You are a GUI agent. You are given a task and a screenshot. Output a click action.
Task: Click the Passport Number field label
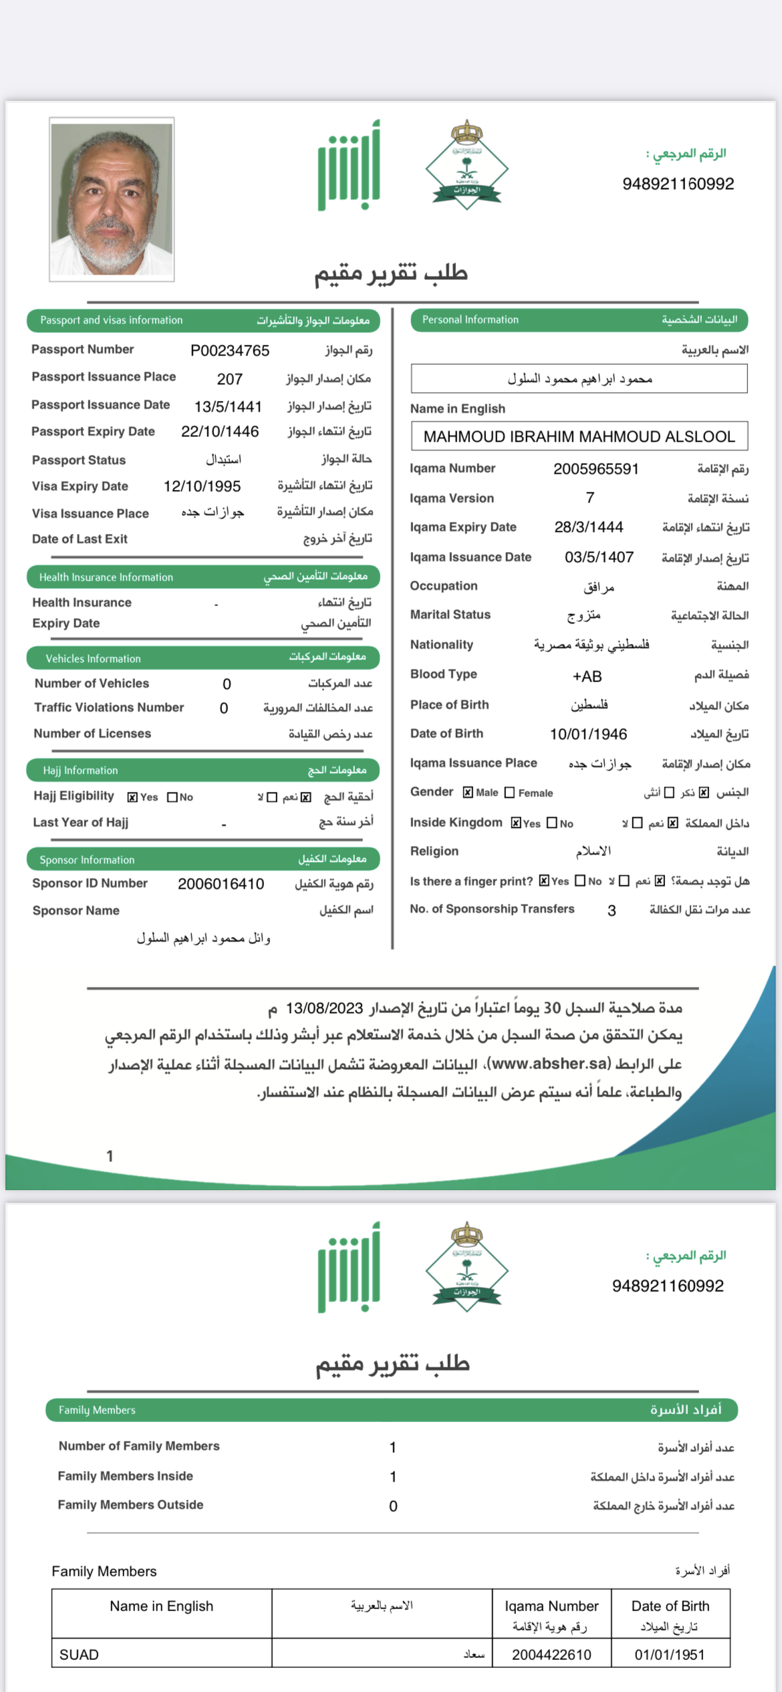click(x=82, y=349)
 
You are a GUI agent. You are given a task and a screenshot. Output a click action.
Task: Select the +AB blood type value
click(x=587, y=676)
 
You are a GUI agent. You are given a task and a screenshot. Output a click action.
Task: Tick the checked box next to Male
click(x=468, y=793)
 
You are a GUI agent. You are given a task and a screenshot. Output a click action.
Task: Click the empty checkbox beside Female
click(x=509, y=793)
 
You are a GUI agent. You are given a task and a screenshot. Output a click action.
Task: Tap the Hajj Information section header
click(x=203, y=770)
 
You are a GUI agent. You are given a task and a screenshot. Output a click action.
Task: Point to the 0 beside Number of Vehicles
click(x=227, y=684)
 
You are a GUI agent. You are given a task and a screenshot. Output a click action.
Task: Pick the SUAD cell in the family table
click(x=79, y=1655)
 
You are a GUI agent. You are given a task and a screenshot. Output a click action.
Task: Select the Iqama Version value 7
click(x=590, y=498)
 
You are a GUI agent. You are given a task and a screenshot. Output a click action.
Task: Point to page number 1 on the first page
click(x=110, y=1156)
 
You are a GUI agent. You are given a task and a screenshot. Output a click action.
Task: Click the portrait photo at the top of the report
click(x=112, y=199)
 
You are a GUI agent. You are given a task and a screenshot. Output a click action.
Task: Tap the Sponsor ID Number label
click(x=90, y=883)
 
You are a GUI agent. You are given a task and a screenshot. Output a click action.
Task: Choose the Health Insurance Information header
click(x=203, y=577)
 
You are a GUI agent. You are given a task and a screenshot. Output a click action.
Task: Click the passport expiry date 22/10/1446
click(x=220, y=432)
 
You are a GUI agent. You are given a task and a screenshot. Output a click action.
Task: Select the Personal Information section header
click(x=579, y=320)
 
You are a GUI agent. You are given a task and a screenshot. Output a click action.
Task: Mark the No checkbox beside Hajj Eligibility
click(x=172, y=797)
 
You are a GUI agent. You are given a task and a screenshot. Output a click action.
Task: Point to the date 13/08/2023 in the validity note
click(x=324, y=1008)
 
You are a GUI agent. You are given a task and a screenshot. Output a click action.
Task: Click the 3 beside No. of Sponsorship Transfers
click(x=612, y=910)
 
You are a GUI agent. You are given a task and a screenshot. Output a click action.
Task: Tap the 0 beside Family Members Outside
click(x=393, y=1506)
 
